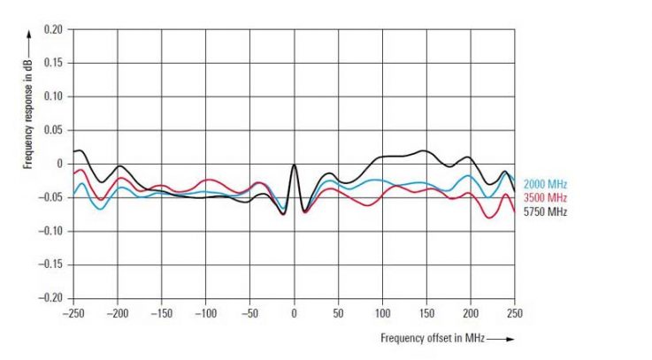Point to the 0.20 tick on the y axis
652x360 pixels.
click(x=53, y=29)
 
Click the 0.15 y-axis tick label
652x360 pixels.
click(x=53, y=63)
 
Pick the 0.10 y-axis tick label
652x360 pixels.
click(x=53, y=96)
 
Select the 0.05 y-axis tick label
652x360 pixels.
click(x=53, y=130)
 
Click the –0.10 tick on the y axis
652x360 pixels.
click(x=51, y=231)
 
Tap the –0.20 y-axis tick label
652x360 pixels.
click(x=51, y=298)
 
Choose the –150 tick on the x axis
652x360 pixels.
click(x=161, y=313)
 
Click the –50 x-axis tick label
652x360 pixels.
click(x=249, y=313)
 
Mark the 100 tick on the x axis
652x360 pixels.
click(x=382, y=313)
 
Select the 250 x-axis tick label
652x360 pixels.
click(x=515, y=313)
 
